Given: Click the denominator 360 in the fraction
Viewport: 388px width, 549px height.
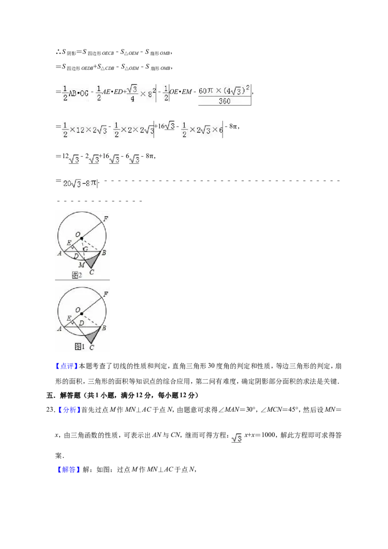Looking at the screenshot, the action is pos(225,101).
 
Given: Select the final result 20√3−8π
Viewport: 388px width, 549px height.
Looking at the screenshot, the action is pos(80,183).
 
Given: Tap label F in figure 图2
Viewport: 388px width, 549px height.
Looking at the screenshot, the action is pos(105,219).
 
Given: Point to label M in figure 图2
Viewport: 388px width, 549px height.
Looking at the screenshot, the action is pos(81,265).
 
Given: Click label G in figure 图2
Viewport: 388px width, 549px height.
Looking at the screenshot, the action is pos(85,249).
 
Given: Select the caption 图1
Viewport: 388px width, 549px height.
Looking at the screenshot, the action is pos(80,346).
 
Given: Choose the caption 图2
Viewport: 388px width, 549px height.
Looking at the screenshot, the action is pos(77,275).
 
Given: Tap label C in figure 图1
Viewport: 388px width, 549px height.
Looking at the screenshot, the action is pos(91,347).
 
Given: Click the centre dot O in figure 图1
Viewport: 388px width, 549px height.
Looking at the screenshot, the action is pos(81,314).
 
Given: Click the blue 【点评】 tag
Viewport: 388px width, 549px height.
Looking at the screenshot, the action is pos(66,366).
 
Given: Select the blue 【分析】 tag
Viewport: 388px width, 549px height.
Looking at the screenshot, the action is pos(69,410).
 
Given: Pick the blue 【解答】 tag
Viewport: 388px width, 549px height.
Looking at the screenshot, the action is pos(66,470).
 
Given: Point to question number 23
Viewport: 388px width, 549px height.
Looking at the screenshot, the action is pos(50,410).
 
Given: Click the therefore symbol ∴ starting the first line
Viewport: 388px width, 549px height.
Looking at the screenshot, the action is pos(58,52).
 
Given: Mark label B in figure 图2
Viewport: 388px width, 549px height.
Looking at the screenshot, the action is pos(104,253).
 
